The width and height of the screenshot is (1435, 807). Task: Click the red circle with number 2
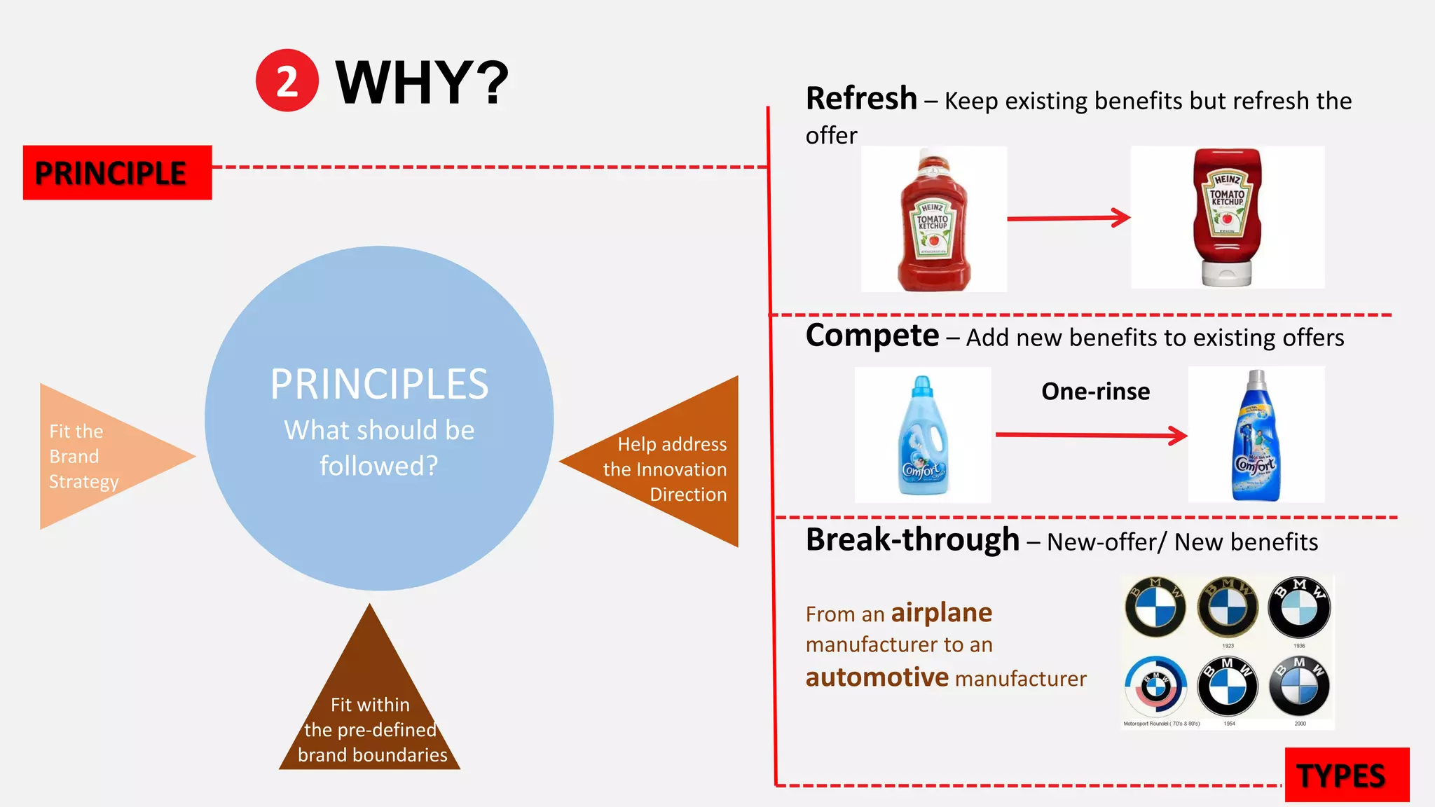287,81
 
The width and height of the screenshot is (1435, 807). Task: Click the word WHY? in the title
422,83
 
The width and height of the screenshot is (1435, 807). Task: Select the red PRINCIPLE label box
117,172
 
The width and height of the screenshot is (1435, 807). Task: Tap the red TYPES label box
1346,775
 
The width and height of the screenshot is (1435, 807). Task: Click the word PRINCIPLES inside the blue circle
379,384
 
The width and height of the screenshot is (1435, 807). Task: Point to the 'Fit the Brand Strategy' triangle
91,456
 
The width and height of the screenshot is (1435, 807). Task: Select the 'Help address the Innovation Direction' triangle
673,465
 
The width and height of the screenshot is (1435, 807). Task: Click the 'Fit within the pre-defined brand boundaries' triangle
370,722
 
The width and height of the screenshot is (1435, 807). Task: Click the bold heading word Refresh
861,99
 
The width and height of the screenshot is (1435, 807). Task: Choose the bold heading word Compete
872,336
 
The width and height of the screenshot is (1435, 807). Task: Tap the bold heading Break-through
912,539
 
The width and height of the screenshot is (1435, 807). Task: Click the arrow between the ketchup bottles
1069,218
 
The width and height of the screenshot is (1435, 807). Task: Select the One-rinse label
1095,391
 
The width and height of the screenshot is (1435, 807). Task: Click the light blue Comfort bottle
922,436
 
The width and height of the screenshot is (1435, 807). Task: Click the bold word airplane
941,613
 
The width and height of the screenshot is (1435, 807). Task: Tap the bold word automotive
877,677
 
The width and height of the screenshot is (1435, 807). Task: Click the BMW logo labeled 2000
1300,687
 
